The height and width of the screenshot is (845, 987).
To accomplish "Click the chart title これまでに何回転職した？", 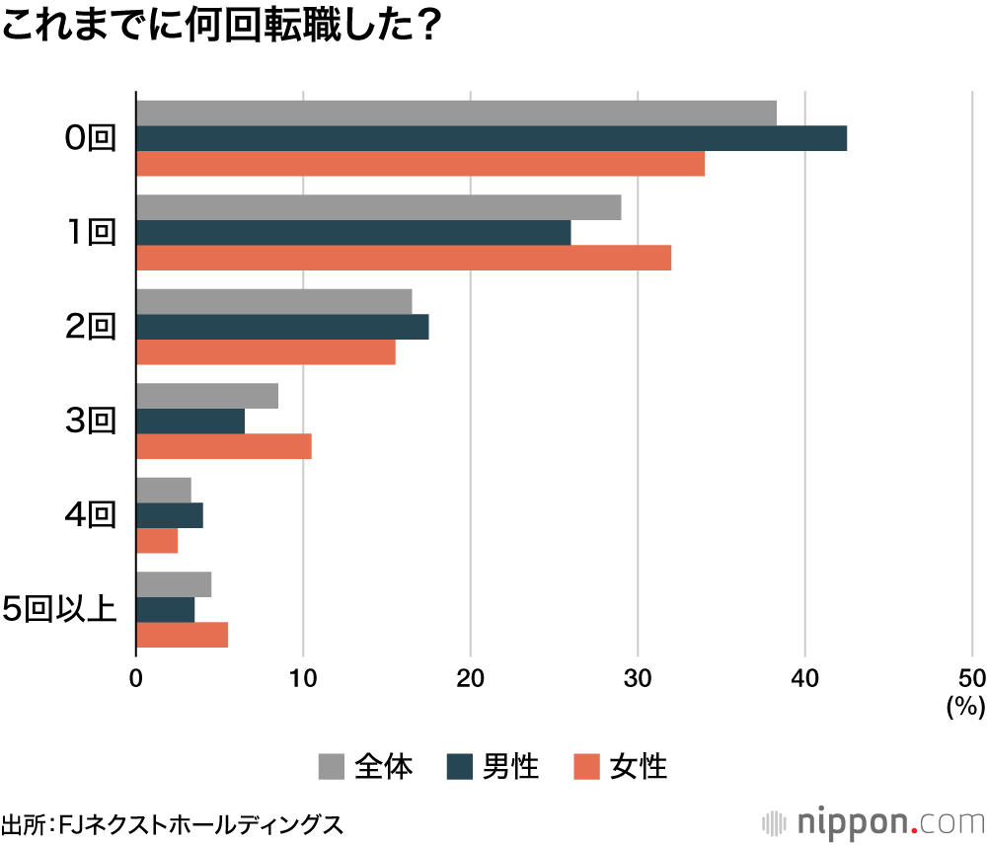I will pos(219,28).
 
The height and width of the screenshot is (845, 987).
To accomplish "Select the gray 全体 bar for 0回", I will pos(456,114).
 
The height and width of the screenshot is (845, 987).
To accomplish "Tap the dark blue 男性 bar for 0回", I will pos(492,138).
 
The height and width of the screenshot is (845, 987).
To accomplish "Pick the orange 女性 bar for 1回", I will pos(404,258).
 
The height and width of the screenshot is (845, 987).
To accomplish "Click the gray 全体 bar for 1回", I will pos(378,207).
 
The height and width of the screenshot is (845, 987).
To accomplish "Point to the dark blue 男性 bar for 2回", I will pos(282,327).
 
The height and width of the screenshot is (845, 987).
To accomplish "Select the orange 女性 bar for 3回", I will pos(224,446).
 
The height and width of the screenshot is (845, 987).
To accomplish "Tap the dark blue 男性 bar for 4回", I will pos(170,515).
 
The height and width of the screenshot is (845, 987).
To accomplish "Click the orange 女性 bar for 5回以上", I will pos(183,635).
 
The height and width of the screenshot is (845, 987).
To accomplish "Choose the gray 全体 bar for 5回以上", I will pos(174,584).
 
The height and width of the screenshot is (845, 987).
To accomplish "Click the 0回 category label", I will pos(90,139).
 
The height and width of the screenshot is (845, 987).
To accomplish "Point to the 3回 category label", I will pos(90,422).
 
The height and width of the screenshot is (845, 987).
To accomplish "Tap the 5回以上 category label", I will pos(60,610).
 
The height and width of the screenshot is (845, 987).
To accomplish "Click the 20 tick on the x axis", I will pos(471,678).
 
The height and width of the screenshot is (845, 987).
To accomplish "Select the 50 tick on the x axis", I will pos(972,678).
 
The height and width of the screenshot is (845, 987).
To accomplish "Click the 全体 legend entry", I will pos(366,766).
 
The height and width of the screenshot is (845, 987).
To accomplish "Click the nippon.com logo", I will pos(873,821).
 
